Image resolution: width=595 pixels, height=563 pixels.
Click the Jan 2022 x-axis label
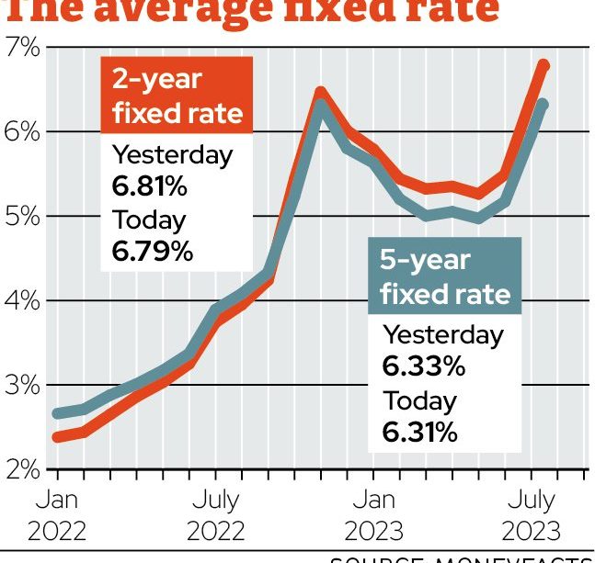(57, 515)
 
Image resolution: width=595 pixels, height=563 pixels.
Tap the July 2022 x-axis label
(215, 515)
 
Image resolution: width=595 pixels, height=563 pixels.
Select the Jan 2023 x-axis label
(373, 515)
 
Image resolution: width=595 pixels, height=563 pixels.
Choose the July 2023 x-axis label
(531, 515)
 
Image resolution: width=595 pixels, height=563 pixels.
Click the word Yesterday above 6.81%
(172, 155)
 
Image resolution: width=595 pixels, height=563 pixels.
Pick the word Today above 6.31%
(419, 401)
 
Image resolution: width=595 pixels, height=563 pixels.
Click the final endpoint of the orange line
(544, 65)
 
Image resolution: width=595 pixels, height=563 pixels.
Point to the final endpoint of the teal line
(543, 105)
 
